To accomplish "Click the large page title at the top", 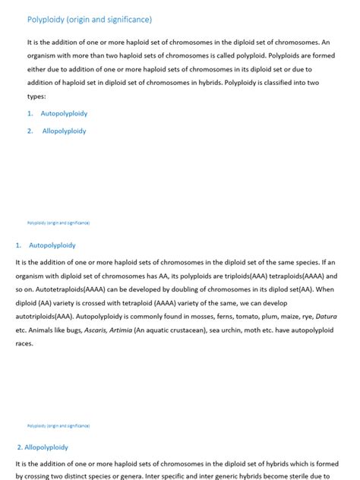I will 90,19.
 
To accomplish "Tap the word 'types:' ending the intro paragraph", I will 36,96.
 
